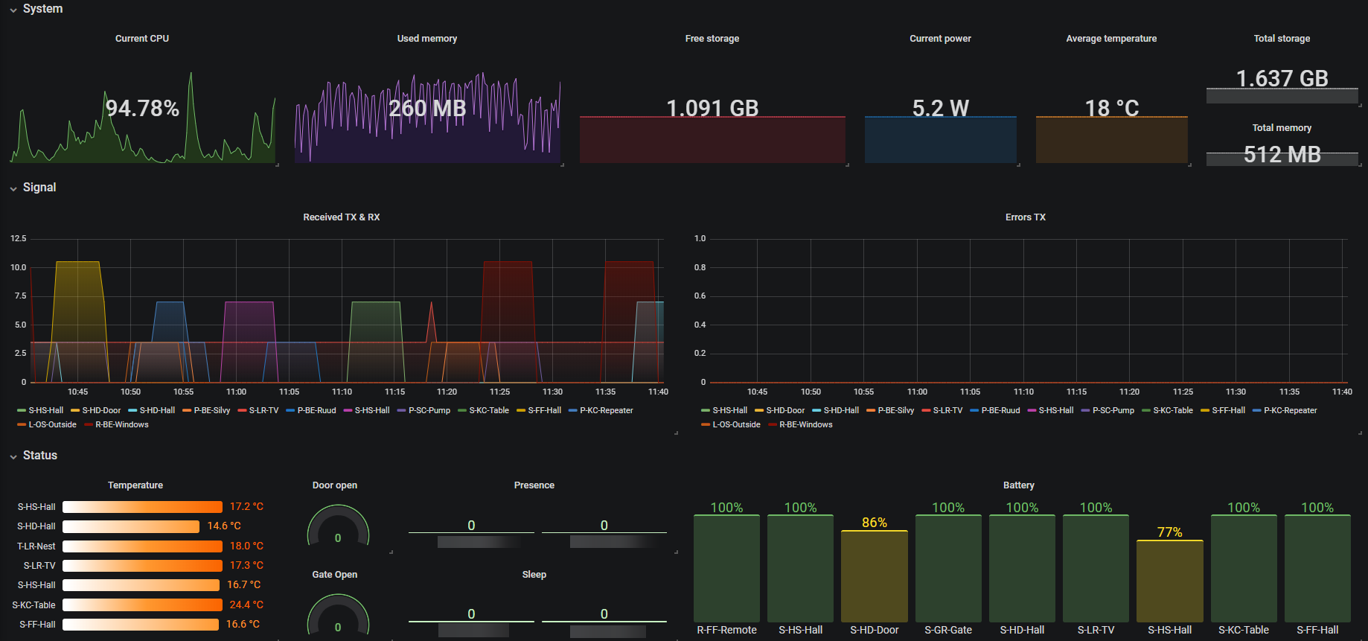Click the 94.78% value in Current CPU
point(142,109)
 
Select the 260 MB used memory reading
point(427,109)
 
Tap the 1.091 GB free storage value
point(712,109)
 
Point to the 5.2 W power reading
point(940,109)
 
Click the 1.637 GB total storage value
point(1282,78)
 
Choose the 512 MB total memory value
point(1282,154)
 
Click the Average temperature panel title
point(1111,39)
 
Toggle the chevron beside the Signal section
point(13,188)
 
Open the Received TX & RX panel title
point(341,217)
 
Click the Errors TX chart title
point(1025,217)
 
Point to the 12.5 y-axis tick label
point(19,239)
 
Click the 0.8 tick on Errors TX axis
point(700,267)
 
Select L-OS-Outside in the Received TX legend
point(52,425)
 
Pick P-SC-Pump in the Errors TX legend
point(1113,411)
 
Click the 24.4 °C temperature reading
point(246,605)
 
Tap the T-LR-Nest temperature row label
point(36,546)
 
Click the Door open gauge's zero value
point(338,538)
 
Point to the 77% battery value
point(1169,532)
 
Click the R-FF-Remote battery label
point(726,631)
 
